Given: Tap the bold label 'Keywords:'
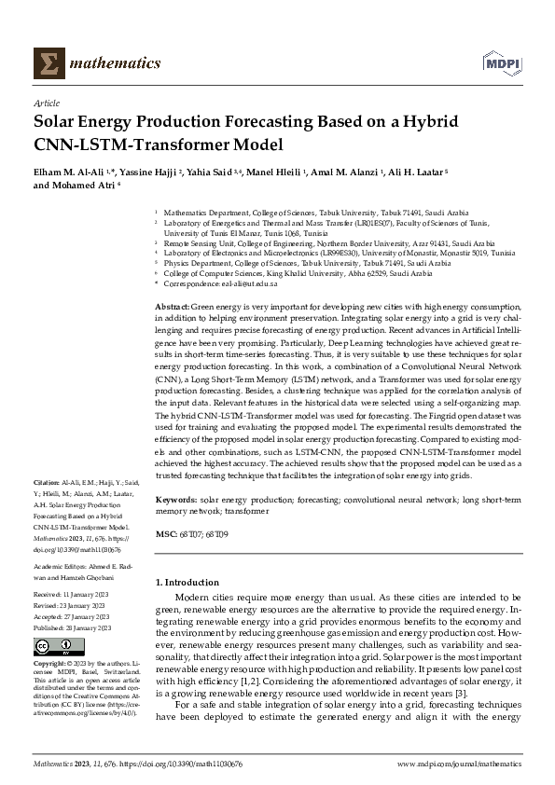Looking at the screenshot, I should [176, 501].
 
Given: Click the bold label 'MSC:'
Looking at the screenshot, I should [166, 533].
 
